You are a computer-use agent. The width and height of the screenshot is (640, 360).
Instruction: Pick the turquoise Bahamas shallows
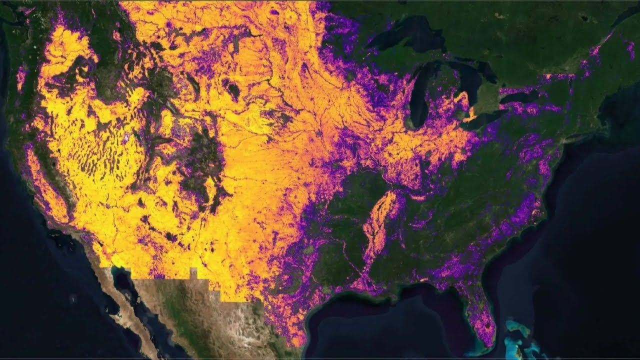(x=520, y=332)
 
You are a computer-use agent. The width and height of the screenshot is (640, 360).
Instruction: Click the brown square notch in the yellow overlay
(x=193, y=273)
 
